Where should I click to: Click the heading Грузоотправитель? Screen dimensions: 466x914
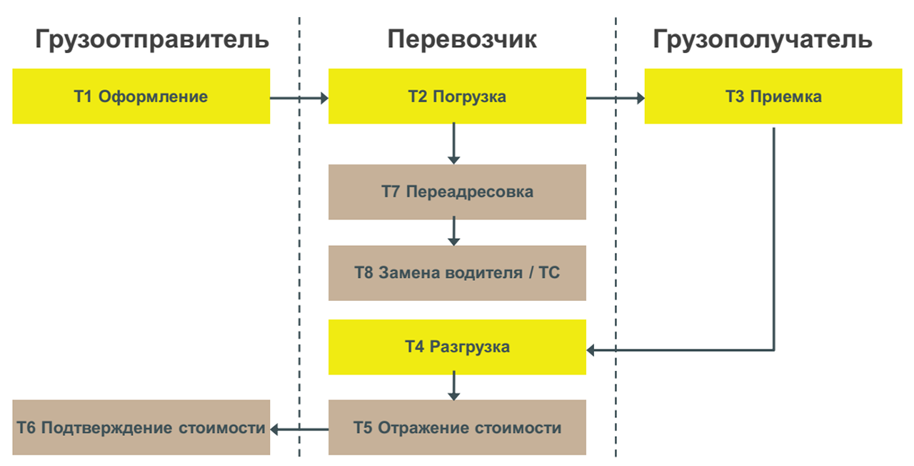(x=151, y=39)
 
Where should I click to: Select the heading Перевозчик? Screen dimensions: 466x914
(x=462, y=39)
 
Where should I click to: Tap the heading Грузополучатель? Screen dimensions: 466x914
(x=762, y=39)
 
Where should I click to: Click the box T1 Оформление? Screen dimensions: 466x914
(x=141, y=96)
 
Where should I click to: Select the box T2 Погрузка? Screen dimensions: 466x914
(x=457, y=96)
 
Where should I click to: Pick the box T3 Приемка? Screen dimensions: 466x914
(x=773, y=96)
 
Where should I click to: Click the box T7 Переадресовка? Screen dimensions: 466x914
(x=457, y=192)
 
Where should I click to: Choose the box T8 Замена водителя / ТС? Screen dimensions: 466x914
(x=457, y=273)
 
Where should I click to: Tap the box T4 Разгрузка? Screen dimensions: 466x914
(x=457, y=347)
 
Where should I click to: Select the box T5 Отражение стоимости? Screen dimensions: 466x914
(x=457, y=428)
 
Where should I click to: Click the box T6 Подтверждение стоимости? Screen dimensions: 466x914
(x=141, y=428)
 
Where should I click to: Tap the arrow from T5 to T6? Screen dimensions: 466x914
(x=299, y=429)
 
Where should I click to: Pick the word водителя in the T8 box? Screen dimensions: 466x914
(x=483, y=273)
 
